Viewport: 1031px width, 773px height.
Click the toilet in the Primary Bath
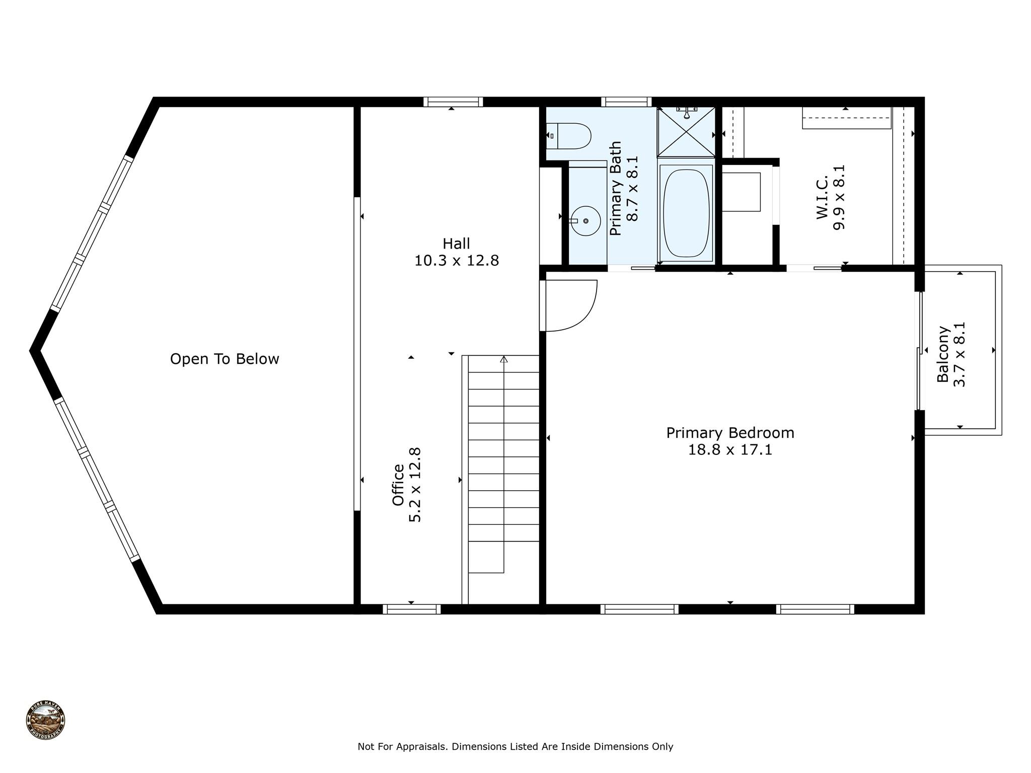coord(568,136)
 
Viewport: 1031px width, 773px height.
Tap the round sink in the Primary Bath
coord(585,221)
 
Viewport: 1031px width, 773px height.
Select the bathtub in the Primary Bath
coord(686,213)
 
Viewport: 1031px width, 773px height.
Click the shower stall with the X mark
coord(686,131)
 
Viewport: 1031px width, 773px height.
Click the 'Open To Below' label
coord(225,359)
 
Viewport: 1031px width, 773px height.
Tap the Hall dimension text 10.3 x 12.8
coord(457,261)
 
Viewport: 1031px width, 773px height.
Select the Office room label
coord(398,485)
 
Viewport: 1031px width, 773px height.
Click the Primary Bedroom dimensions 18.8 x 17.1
coord(730,449)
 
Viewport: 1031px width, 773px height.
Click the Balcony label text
coord(943,354)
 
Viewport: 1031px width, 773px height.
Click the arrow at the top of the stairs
coord(503,359)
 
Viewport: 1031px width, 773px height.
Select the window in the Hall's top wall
coord(453,102)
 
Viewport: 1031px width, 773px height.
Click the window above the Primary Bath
coord(626,102)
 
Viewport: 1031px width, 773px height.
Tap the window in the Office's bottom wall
coord(412,609)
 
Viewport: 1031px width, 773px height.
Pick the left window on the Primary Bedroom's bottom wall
coord(639,609)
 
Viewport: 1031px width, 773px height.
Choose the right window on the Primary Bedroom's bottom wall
coord(815,609)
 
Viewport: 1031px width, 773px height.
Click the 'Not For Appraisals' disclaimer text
coord(515,747)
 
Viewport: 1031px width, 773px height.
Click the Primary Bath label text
coord(616,189)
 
